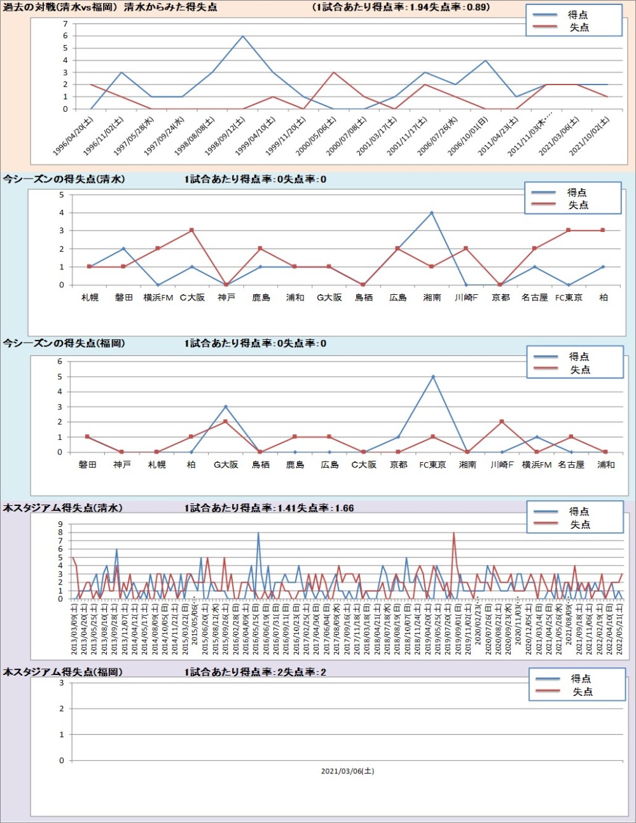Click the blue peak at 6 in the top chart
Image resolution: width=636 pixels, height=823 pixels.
click(243, 36)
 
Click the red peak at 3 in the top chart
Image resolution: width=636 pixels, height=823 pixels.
click(334, 72)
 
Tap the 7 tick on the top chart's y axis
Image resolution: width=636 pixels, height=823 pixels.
click(65, 24)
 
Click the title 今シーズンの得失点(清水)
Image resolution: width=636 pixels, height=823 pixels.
click(64, 179)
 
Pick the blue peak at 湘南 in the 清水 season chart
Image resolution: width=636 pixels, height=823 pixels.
click(432, 213)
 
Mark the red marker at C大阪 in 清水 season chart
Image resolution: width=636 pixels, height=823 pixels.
click(191, 231)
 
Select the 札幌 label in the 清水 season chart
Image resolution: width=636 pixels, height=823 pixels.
click(90, 297)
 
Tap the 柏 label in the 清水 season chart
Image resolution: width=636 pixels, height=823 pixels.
click(603, 297)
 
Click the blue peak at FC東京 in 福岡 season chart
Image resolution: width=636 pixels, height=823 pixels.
click(433, 377)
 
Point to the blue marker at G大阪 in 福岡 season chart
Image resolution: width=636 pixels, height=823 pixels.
click(225, 407)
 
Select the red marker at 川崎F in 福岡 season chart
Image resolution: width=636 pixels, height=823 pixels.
click(502, 422)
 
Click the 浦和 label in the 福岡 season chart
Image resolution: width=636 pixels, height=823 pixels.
click(605, 465)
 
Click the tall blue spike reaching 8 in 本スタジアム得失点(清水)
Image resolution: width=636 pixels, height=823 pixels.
click(258, 533)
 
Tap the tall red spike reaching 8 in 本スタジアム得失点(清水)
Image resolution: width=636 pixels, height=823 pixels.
click(453, 533)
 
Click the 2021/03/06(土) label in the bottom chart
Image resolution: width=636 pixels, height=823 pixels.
click(347, 771)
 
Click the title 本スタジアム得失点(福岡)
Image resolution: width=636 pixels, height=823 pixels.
click(63, 672)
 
